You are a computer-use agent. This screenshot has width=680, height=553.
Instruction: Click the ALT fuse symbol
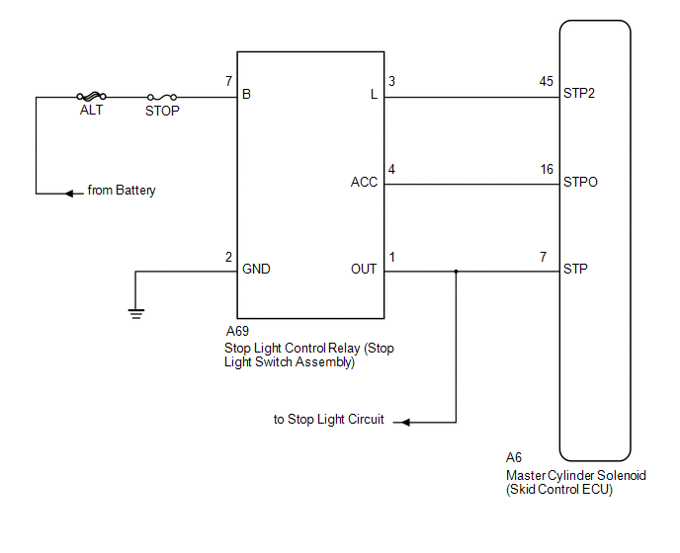pyautogui.click(x=92, y=96)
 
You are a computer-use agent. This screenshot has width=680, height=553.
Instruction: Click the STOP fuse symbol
pyautogui.click(x=162, y=97)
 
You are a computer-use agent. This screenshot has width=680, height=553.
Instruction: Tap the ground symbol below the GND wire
pyautogui.click(x=136, y=314)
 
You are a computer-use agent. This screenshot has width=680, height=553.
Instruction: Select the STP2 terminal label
pyautogui.click(x=579, y=93)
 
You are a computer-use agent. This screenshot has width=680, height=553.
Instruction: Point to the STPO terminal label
pyautogui.click(x=580, y=182)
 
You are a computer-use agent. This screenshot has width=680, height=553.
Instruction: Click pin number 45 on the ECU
pyautogui.click(x=547, y=82)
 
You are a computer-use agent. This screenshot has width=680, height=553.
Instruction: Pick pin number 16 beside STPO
pyautogui.click(x=547, y=169)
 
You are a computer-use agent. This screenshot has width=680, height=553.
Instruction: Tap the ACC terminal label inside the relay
pyautogui.click(x=364, y=182)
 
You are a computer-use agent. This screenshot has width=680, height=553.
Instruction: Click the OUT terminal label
pyautogui.click(x=364, y=270)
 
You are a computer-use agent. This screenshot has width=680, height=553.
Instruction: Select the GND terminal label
pyautogui.click(x=256, y=270)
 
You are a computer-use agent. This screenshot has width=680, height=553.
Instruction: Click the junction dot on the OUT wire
pyautogui.click(x=456, y=272)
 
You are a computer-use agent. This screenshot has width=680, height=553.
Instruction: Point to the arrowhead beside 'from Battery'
pyautogui.click(x=69, y=194)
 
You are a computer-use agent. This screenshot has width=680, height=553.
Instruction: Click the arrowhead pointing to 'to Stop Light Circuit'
pyautogui.click(x=405, y=422)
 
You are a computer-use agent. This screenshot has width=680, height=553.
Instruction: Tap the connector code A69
pyautogui.click(x=237, y=331)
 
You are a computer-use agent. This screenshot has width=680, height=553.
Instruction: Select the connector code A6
pyautogui.click(x=514, y=457)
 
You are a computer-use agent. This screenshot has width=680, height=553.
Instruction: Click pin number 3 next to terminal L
pyautogui.click(x=392, y=82)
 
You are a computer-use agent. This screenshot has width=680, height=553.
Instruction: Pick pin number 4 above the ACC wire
pyautogui.click(x=392, y=169)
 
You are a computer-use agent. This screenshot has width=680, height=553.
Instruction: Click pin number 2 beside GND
pyautogui.click(x=228, y=257)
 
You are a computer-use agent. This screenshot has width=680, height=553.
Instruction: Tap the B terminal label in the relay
pyautogui.click(x=246, y=94)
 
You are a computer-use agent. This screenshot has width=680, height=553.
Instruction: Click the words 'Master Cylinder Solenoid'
pyautogui.click(x=576, y=475)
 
